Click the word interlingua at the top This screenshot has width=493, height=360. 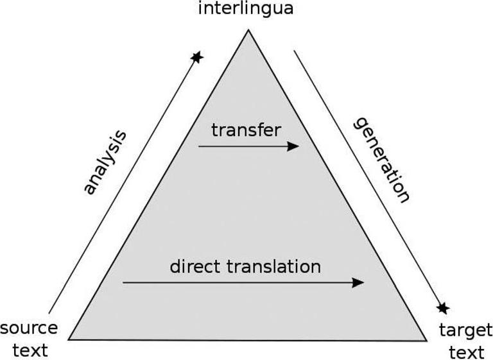[x=246, y=10]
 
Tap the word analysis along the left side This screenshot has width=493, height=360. [x=105, y=162]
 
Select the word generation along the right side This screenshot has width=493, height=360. [x=381, y=159]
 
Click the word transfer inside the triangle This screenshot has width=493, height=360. [x=246, y=130]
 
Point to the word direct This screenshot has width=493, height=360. [x=194, y=266]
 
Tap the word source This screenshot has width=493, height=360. [x=29, y=329]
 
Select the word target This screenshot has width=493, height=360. [x=465, y=330]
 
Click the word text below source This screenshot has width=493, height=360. [x=30, y=350]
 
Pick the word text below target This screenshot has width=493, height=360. [x=466, y=352]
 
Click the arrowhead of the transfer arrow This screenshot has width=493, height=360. [x=293, y=146]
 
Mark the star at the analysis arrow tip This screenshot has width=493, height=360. [x=197, y=57]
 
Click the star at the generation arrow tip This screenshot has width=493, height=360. [x=442, y=308]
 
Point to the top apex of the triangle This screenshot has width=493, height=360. [x=248, y=30]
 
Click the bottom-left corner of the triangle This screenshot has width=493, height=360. [x=69, y=338]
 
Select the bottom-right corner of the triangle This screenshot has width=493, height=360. [x=426, y=340]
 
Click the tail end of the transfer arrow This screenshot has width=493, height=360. [x=199, y=146]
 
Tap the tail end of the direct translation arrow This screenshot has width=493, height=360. [x=123, y=282]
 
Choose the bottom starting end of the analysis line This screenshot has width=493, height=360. [x=49, y=313]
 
